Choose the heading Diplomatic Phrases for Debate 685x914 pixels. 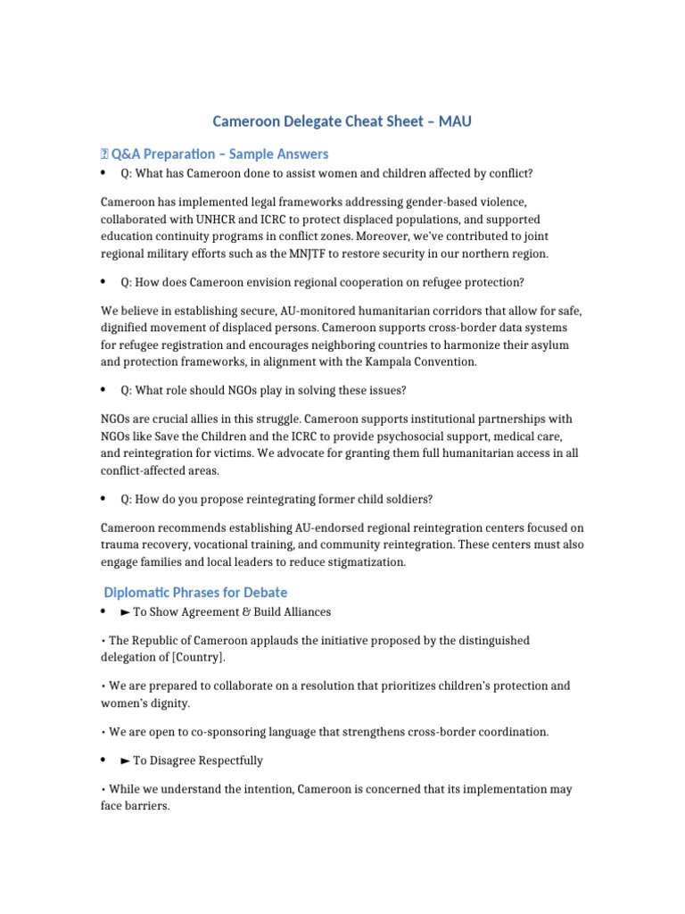tap(195, 593)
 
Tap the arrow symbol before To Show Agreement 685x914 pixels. tap(125, 612)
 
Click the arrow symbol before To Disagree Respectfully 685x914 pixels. tap(125, 761)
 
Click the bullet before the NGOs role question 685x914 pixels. tap(103, 391)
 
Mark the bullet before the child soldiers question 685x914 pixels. tap(103, 499)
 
